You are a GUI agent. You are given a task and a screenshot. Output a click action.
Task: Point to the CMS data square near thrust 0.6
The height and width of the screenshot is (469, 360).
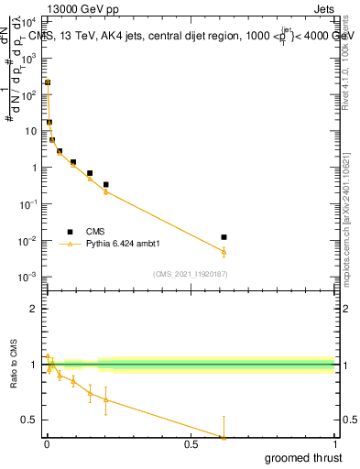224,237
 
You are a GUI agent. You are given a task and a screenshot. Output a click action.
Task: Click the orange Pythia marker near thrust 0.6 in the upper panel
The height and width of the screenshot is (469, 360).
224,252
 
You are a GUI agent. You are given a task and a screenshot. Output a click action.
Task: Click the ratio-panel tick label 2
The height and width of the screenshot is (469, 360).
34,310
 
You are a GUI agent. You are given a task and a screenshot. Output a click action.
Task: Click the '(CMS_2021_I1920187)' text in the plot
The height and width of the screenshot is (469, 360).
190,273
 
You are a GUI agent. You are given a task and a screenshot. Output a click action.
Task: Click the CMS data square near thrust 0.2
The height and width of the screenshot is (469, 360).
105,184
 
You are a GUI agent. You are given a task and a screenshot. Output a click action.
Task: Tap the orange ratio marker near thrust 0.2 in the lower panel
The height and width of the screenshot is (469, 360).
105,399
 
